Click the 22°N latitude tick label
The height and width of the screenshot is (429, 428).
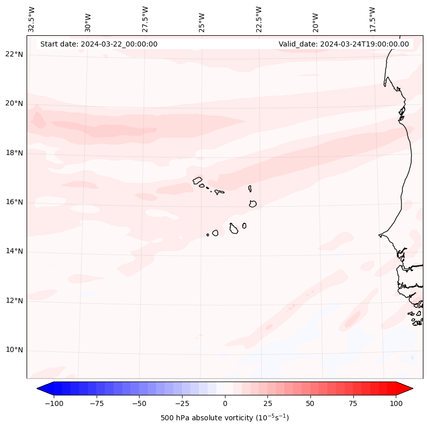click(x=13, y=55)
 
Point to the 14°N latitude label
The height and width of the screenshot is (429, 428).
click(x=13, y=252)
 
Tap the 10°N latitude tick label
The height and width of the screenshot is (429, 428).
click(x=13, y=350)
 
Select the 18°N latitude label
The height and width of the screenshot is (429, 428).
click(x=13, y=153)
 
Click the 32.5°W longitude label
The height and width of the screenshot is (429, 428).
click(x=32, y=19)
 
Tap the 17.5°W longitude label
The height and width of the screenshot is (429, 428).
click(x=372, y=19)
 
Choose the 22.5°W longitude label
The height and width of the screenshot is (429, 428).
click(x=259, y=19)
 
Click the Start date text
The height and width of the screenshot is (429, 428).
click(x=99, y=44)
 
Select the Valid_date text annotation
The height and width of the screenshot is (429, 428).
click(x=344, y=44)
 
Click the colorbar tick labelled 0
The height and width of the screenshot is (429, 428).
click(x=225, y=403)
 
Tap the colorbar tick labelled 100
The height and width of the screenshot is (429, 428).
click(x=396, y=403)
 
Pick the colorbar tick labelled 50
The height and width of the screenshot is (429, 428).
click(x=310, y=403)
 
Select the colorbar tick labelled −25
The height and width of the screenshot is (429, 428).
click(x=182, y=403)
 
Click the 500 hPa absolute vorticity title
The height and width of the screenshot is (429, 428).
click(x=224, y=418)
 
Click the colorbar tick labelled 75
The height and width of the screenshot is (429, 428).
click(x=353, y=403)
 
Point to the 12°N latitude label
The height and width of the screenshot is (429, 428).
click(x=13, y=301)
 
